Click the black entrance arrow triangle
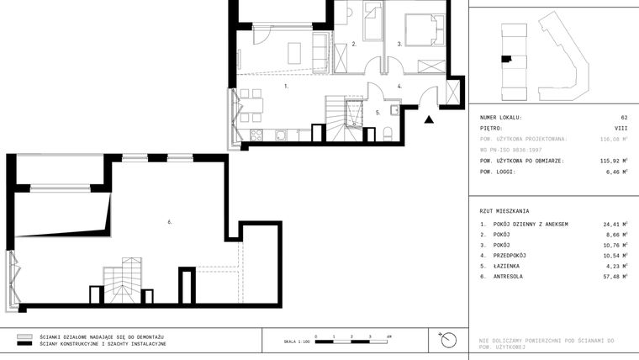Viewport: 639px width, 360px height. [430, 119]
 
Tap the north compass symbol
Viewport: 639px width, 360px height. [447, 340]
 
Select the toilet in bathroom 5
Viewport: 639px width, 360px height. [388, 135]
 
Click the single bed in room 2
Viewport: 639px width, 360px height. [372, 19]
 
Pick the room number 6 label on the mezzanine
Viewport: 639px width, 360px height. [170, 222]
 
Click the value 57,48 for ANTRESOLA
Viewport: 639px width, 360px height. [613, 276]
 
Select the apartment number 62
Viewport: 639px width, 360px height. [624, 118]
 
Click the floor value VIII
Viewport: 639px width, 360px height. [621, 128]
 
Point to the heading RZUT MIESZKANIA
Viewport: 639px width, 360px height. [504, 210]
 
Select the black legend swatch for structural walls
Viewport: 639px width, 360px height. [24, 344]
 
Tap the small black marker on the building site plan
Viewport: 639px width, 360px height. [505, 58]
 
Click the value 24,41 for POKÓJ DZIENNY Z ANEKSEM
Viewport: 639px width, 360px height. [613, 225]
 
